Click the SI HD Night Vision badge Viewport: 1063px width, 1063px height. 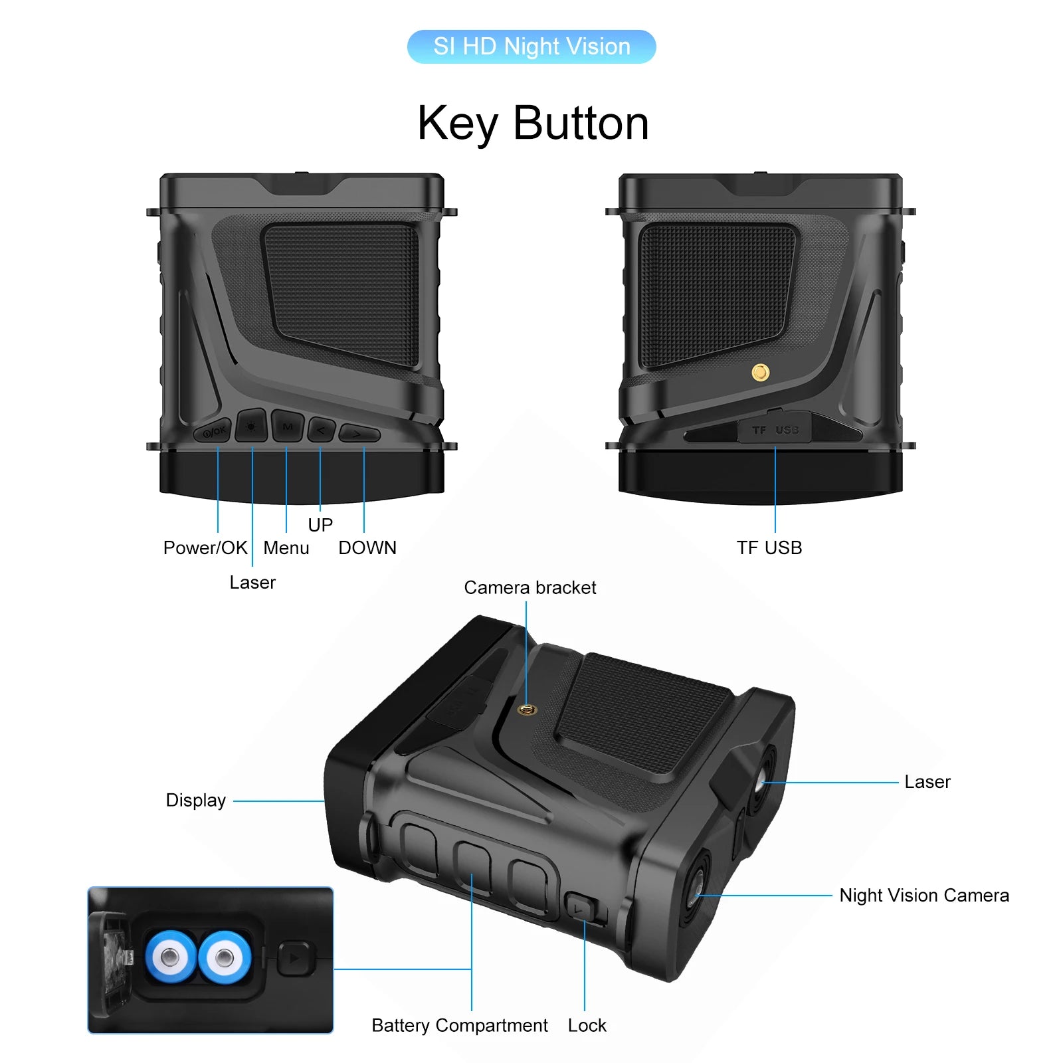(x=531, y=47)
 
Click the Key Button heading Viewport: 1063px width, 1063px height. (x=533, y=124)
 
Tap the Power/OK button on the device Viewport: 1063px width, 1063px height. (x=213, y=431)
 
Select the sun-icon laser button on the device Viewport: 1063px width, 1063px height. (x=251, y=426)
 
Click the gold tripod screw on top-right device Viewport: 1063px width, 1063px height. (x=760, y=373)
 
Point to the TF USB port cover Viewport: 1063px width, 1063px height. (x=775, y=429)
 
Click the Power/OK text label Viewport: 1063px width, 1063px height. (x=205, y=548)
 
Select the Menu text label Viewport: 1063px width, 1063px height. (x=286, y=548)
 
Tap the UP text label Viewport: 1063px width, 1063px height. (x=320, y=526)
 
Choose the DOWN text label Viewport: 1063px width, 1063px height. (x=367, y=548)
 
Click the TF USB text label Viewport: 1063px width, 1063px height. (x=769, y=548)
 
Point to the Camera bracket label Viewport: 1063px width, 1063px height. (x=530, y=588)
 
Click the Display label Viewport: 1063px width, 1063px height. (x=196, y=801)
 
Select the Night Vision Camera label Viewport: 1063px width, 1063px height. (x=924, y=896)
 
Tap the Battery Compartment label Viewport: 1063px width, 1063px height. (x=460, y=1026)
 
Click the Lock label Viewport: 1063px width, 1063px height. (x=587, y=1026)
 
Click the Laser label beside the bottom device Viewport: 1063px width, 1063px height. (x=927, y=782)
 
